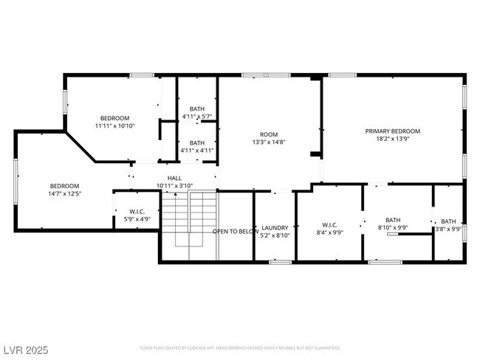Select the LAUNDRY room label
[274, 227]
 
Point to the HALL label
[174, 178]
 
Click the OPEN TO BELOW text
[236, 232]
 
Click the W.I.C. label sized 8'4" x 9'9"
[329, 225]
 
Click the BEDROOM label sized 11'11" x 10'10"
[114, 118]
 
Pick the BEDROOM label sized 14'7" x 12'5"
[64, 186]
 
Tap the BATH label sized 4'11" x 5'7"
[197, 108]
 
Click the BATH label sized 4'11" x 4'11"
[197, 142]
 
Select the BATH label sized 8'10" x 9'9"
[392, 219]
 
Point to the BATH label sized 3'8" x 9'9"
[449, 221]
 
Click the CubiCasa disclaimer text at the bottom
[240, 347]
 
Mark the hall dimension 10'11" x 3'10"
[174, 186]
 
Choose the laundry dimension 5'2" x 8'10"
[274, 235]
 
